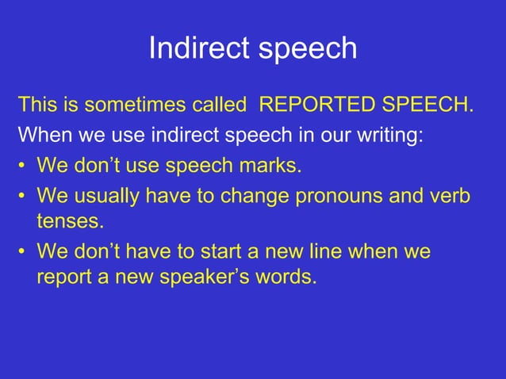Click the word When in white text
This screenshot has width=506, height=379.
(44, 135)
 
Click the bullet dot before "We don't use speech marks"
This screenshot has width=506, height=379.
(24, 167)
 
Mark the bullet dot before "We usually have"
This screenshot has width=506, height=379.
(24, 196)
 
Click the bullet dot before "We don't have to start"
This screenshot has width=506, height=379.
(24, 254)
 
